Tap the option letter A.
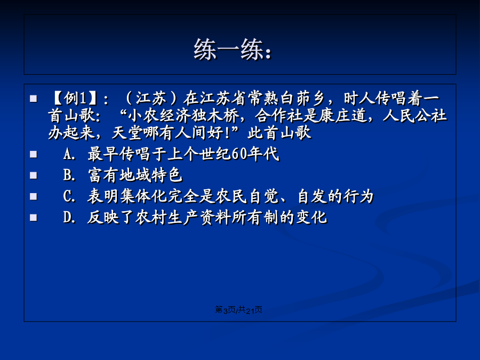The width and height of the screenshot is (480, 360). click(68, 154)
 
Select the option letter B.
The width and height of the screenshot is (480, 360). click(68, 175)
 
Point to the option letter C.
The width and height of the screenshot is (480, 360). click(68, 196)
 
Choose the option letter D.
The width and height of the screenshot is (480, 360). click(68, 218)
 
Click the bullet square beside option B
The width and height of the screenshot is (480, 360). click(34, 175)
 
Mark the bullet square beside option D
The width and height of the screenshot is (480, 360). click(34, 218)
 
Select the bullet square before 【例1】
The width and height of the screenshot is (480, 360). click(34, 99)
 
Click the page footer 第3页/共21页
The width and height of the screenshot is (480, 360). click(238, 310)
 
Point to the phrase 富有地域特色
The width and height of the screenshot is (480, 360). click(135, 175)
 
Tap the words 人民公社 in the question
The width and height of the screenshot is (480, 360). click(414, 116)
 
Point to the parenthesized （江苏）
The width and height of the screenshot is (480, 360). click(151, 98)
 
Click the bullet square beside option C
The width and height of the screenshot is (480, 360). click(34, 196)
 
